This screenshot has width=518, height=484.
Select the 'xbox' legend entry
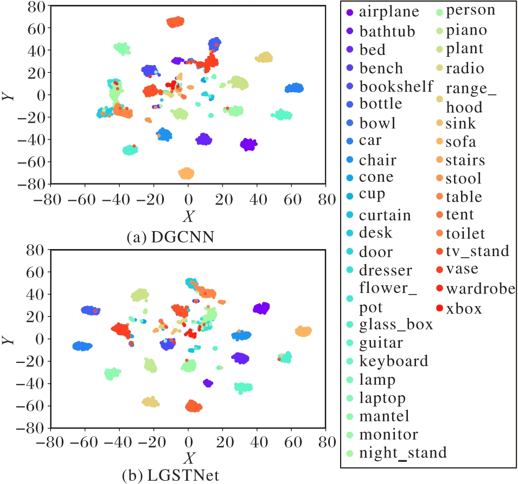click(x=464, y=309)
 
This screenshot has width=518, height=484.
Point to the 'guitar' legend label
click(x=381, y=342)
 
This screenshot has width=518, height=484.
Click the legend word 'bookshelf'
click(x=397, y=86)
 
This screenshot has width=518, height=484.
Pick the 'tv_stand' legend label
click(x=477, y=251)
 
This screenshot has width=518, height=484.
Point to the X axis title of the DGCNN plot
click(x=188, y=216)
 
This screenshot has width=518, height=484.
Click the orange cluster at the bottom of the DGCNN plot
click(x=186, y=173)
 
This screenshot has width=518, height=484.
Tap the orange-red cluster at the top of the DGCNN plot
click(x=175, y=22)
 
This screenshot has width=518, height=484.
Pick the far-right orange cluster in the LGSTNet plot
click(x=303, y=331)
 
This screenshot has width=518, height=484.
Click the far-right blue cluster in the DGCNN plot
click(x=295, y=88)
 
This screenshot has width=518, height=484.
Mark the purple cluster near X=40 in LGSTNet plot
click(x=261, y=308)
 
